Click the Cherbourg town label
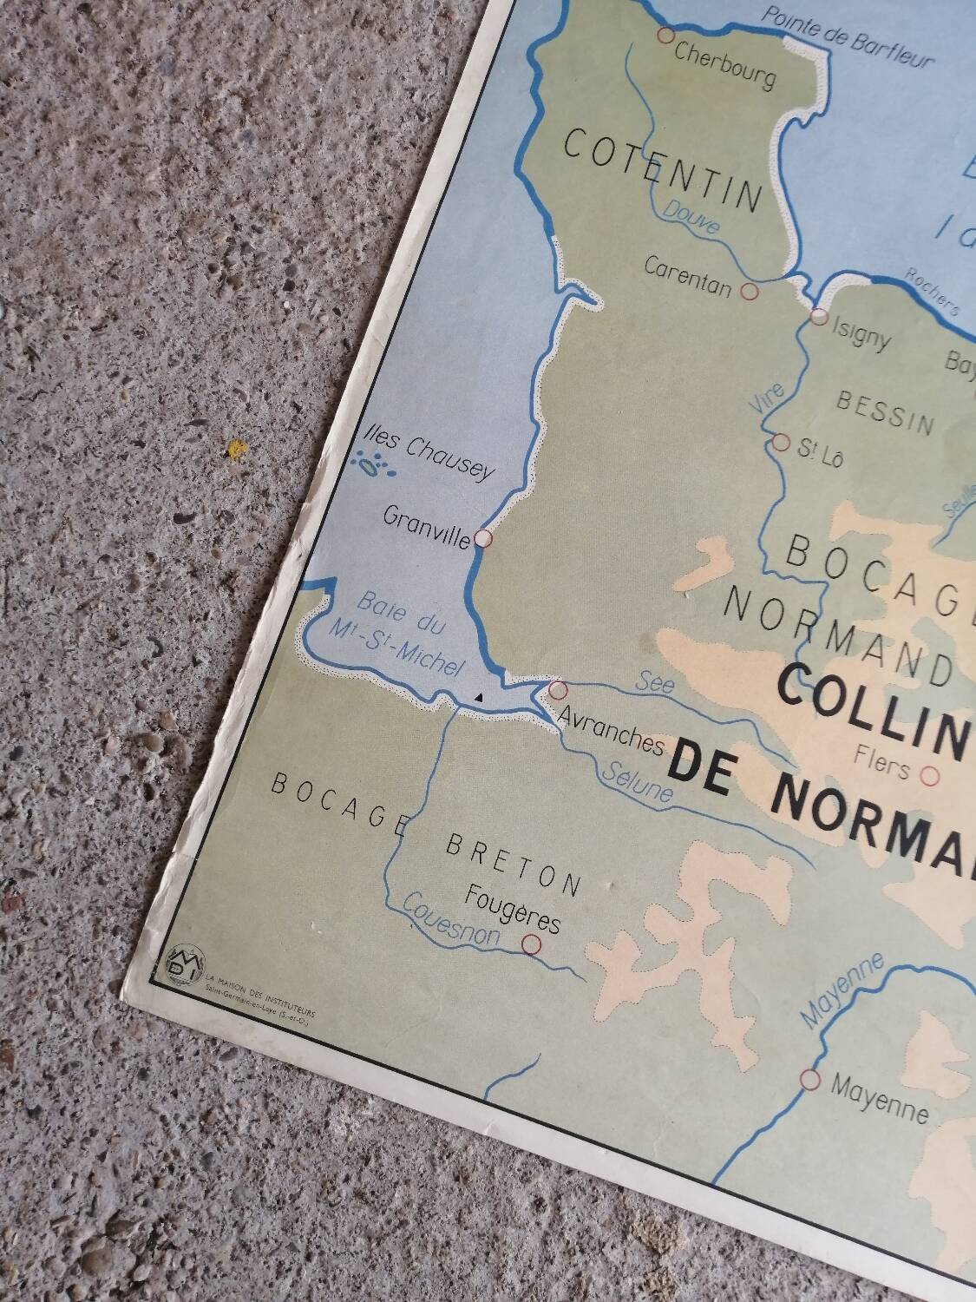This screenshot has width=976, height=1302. click(724, 67)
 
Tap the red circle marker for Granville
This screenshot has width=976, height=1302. click(484, 539)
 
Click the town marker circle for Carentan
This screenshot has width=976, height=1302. click(751, 291)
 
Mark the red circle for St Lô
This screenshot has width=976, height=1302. click(781, 444)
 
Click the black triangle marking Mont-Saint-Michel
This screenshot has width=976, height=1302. click(478, 697)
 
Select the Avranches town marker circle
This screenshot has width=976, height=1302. click(558, 690)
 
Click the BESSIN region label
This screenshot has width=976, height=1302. click(885, 411)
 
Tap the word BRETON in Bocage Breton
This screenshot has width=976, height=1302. click(513, 864)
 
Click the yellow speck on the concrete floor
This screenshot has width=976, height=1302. click(233, 449)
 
